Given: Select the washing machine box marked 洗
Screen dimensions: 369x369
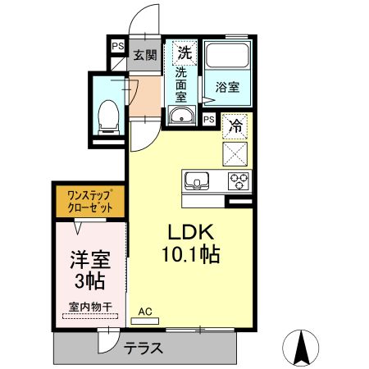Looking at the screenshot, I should point(184,52).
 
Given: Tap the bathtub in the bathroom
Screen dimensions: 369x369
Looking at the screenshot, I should point(227,57).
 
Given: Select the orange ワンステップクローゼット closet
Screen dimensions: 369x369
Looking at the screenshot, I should point(90,202).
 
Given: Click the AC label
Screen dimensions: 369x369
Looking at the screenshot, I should point(146,312).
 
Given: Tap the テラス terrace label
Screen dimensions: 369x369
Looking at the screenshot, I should point(143,348).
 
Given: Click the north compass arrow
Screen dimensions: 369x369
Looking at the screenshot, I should point(304,344).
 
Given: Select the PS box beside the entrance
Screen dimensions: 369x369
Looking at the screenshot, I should point(117,48).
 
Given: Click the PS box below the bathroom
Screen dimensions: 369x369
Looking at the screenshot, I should point(208,120).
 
